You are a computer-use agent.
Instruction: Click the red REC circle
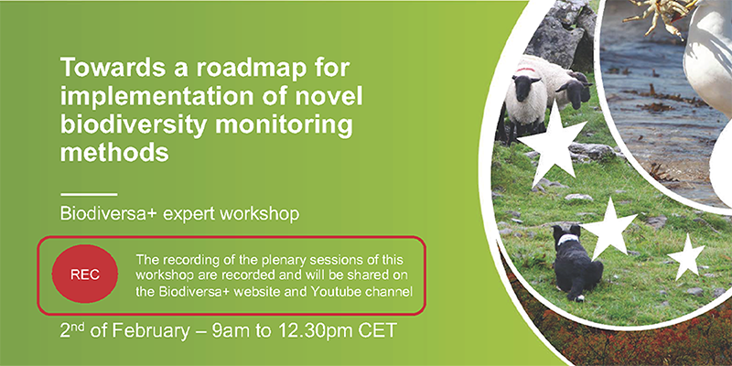[85, 274]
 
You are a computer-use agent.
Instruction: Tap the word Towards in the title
[109, 68]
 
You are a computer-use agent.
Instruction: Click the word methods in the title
[114, 152]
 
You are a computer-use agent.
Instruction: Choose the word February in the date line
[150, 330]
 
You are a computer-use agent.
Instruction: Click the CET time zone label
[378, 330]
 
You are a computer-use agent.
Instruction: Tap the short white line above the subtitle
[89, 194]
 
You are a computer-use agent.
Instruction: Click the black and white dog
[576, 263]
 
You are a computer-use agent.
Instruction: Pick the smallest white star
[685, 257]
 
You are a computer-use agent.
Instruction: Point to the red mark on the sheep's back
[525, 70]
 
